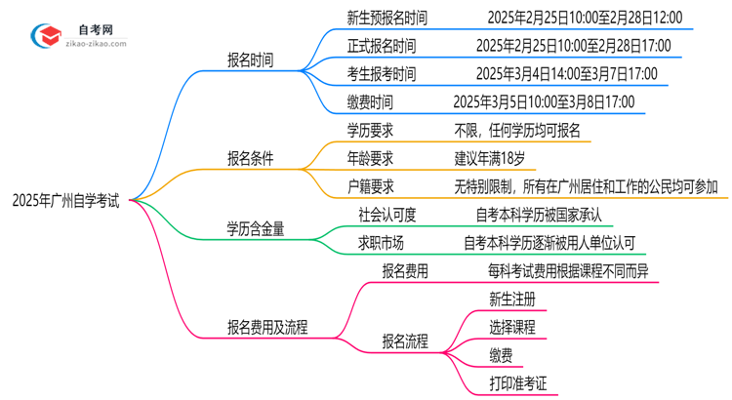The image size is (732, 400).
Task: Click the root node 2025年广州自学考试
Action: [x=65, y=201]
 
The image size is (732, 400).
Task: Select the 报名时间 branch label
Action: [x=250, y=60]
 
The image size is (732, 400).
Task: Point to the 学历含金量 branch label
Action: [x=258, y=228]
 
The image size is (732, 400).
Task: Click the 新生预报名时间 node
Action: [x=386, y=18]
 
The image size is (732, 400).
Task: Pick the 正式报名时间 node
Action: [x=381, y=46]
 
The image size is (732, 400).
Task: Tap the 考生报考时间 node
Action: [x=381, y=73]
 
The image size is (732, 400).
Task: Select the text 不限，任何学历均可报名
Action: [x=516, y=129]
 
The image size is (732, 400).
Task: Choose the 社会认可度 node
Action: [x=376, y=214]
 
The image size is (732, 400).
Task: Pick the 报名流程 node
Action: [x=412, y=341]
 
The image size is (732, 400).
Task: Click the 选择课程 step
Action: [x=511, y=327]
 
